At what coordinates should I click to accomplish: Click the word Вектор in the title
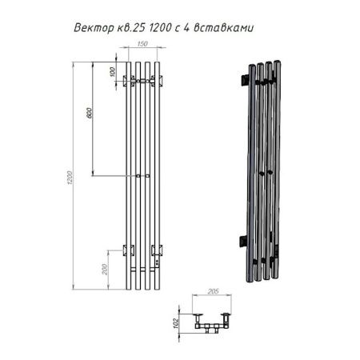click(94, 28)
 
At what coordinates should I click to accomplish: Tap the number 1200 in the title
click(160, 27)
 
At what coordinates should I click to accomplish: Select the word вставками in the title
click(223, 28)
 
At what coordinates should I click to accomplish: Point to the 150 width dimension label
click(142, 44)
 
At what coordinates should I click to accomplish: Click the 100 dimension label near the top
click(112, 72)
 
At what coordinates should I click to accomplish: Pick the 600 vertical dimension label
click(90, 113)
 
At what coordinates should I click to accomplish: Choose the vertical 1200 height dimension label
click(69, 178)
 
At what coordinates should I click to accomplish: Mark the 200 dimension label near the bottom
click(105, 270)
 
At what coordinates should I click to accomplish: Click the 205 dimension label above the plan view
click(213, 291)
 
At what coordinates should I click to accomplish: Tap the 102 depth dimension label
click(175, 323)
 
